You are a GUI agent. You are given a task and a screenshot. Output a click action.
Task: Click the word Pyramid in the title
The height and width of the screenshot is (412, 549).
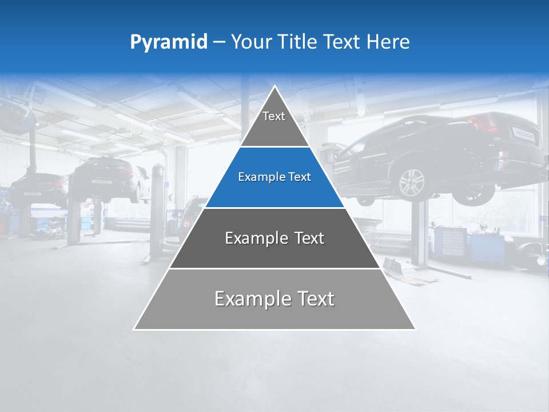[169, 42]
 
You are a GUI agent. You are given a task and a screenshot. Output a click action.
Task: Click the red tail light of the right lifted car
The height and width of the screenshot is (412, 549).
[479, 122]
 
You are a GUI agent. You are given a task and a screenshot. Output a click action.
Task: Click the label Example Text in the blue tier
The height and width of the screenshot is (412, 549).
[274, 177]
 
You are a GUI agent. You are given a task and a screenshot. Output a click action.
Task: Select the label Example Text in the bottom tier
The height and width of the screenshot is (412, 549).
[274, 299]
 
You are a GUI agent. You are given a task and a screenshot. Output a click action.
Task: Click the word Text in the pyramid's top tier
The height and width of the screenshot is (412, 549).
[274, 116]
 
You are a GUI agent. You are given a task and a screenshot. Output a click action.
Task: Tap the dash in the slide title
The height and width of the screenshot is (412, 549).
[219, 42]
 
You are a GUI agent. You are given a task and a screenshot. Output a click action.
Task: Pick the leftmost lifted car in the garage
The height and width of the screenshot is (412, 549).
[38, 189]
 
